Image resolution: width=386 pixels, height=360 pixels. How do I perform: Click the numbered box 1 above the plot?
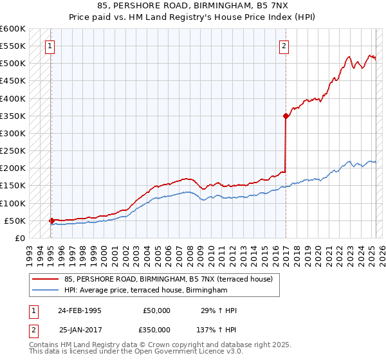50,46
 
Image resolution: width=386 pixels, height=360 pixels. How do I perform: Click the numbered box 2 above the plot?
284,46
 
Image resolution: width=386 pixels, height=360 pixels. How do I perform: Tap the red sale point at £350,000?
285,116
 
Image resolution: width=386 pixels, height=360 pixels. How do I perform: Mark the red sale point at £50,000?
51,221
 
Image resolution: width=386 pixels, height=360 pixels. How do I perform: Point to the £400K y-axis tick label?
12,98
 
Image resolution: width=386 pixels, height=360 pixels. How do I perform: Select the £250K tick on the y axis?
12,151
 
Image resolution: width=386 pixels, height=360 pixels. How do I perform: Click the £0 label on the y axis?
19,238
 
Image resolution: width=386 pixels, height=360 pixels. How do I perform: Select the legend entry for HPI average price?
146,291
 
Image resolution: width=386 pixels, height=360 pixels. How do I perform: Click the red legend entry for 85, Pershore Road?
169,279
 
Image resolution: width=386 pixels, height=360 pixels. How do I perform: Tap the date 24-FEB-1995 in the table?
80,310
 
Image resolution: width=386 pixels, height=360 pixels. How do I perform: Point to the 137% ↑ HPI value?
216,329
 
